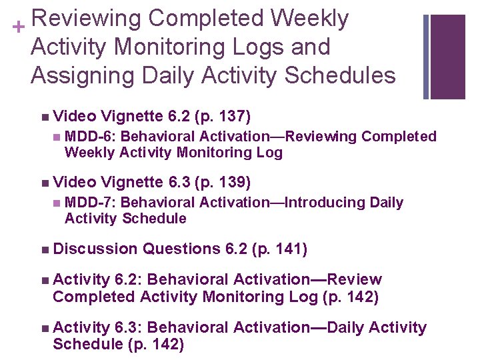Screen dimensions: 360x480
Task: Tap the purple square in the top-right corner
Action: (x=448, y=56)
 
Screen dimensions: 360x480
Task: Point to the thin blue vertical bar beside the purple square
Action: (x=426, y=56)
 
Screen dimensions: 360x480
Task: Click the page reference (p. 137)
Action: (x=222, y=118)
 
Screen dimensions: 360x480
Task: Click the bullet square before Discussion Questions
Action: (x=44, y=250)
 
